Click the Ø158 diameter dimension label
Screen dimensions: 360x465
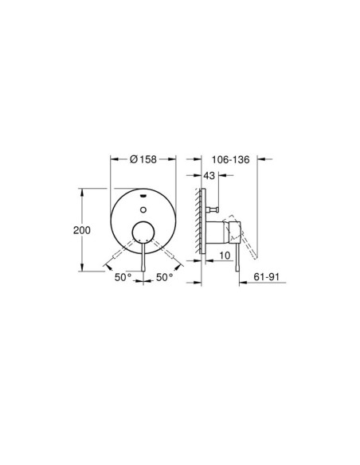143,159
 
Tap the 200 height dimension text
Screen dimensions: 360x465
82,230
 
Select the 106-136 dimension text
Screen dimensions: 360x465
231,160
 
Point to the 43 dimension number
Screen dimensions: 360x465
209,175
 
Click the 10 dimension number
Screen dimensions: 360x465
225,256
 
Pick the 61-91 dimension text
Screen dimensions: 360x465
267,277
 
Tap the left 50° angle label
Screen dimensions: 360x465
123,278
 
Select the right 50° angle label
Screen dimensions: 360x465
165,278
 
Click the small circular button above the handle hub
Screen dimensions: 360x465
143,210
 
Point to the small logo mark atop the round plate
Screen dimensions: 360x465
143,196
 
